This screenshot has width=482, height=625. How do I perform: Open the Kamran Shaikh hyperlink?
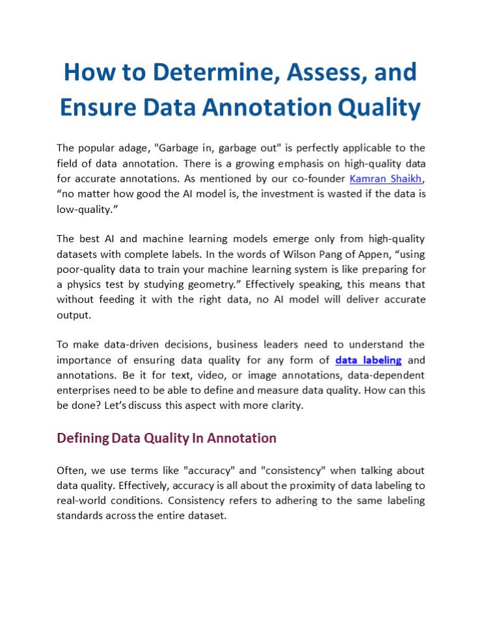point(385,178)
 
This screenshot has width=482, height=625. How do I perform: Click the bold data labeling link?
point(368,360)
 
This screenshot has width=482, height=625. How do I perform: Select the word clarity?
point(284,406)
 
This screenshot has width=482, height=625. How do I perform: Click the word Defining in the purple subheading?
point(83,438)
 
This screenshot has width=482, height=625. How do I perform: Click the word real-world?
point(82,501)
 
